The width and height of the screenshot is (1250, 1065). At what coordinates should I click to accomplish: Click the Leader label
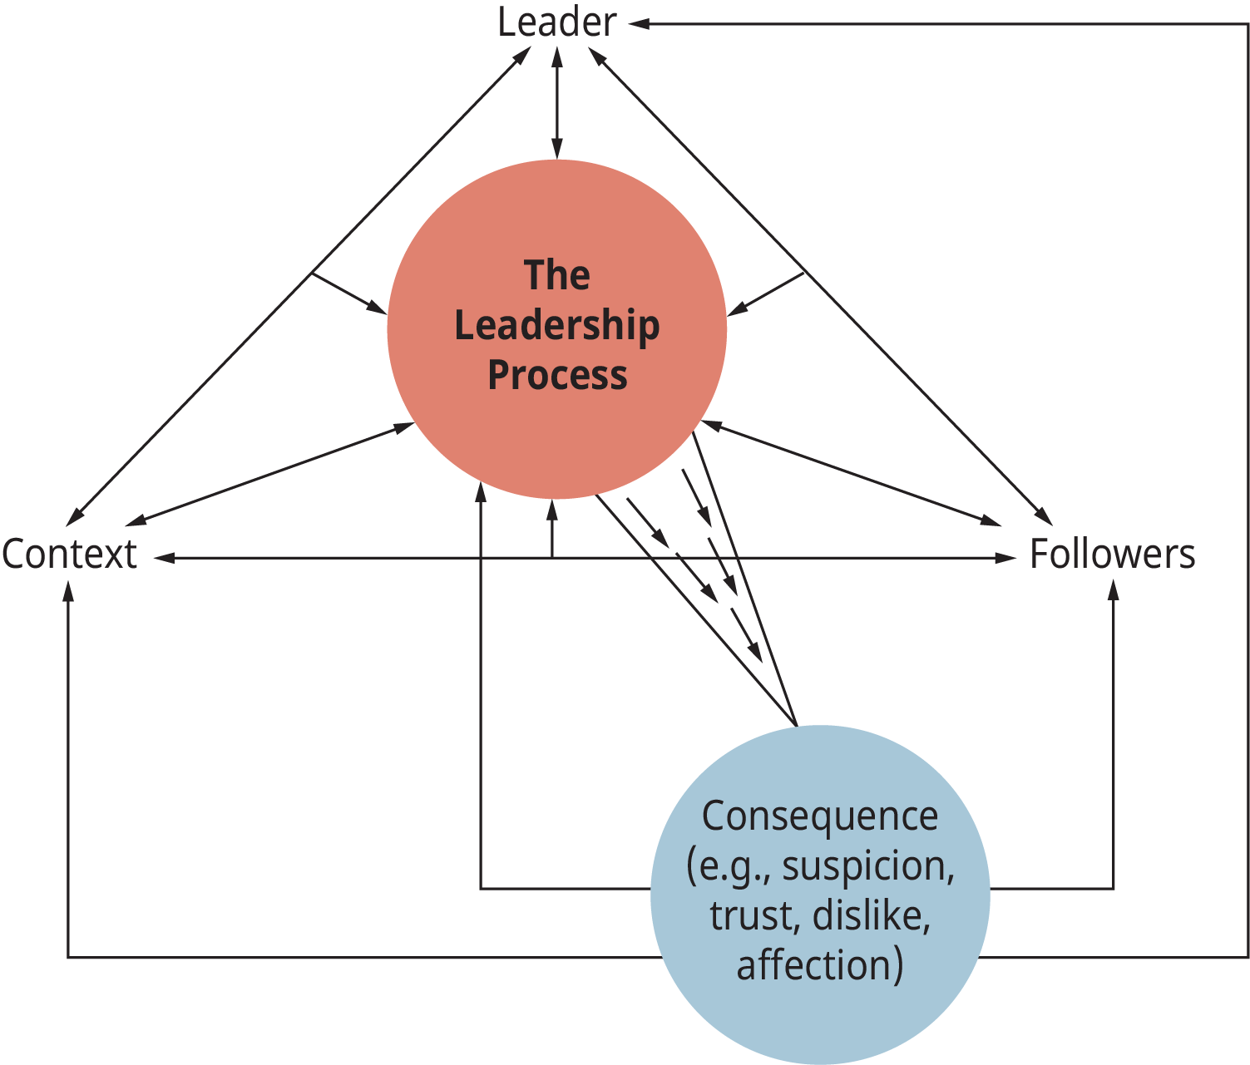(x=556, y=22)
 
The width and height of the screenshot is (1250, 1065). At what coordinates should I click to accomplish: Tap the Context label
(x=69, y=555)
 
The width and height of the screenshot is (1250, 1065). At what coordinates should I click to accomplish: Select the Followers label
(x=1112, y=555)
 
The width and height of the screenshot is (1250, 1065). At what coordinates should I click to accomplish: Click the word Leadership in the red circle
(x=556, y=325)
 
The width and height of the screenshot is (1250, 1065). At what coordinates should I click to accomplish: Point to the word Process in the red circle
(x=556, y=375)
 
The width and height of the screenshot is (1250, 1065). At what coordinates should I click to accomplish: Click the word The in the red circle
(x=556, y=275)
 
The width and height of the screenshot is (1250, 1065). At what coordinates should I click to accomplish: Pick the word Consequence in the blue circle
(x=819, y=816)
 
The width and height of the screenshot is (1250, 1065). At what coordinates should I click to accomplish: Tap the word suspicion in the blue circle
(x=867, y=866)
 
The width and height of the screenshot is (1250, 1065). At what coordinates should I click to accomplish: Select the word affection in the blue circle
(x=814, y=965)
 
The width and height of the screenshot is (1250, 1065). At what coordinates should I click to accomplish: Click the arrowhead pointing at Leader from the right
(x=638, y=24)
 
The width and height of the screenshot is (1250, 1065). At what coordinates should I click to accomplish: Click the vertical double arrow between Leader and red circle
(x=556, y=103)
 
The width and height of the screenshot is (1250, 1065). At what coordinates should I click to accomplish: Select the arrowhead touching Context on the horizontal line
(x=163, y=558)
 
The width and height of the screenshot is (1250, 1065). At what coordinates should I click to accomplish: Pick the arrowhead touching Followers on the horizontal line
(x=1006, y=558)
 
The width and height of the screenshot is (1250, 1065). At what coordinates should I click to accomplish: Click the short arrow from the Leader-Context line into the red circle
(x=349, y=293)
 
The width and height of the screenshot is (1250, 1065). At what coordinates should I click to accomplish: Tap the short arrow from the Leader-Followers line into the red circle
(x=765, y=293)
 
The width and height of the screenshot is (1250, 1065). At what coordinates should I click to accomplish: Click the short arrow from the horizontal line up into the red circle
(x=551, y=528)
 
